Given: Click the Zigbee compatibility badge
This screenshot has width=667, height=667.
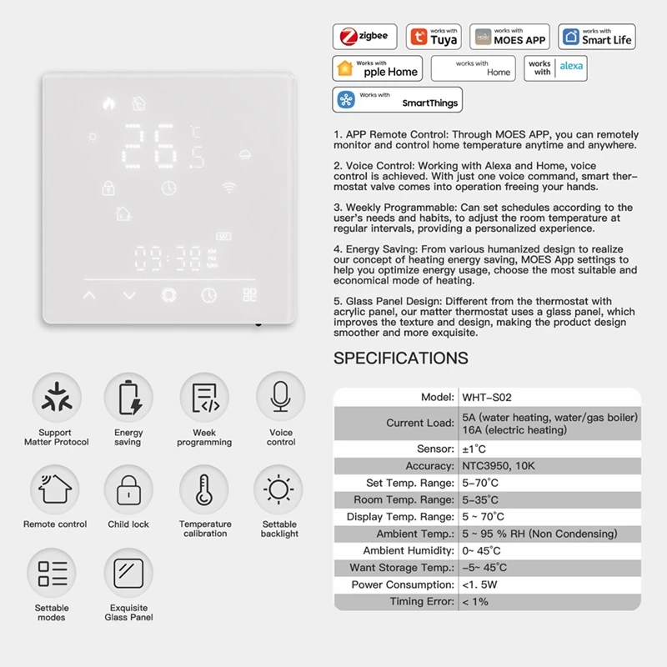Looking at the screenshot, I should [x=365, y=37].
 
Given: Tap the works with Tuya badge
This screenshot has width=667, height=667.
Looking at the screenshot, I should [x=434, y=37].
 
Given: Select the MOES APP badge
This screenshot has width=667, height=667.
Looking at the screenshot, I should [x=509, y=37].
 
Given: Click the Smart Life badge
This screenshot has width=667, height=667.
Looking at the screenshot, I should [x=597, y=37].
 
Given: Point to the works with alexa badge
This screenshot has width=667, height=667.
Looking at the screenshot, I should [x=555, y=68].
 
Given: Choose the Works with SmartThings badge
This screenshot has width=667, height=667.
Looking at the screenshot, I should [x=397, y=100].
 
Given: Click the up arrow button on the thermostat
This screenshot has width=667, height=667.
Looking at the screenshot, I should [x=89, y=295].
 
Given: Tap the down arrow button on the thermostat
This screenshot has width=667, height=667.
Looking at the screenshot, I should [x=128, y=295].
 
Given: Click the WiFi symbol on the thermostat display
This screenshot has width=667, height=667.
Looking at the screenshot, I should [x=228, y=188].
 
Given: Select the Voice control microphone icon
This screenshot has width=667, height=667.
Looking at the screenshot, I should [x=280, y=397].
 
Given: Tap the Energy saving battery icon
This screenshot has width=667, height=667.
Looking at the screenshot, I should [x=128, y=397].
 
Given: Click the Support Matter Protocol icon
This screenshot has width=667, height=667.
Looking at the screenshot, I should [x=56, y=397].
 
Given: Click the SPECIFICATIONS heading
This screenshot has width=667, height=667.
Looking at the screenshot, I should [x=401, y=359].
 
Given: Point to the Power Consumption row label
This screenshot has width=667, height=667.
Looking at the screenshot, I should [x=403, y=584].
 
